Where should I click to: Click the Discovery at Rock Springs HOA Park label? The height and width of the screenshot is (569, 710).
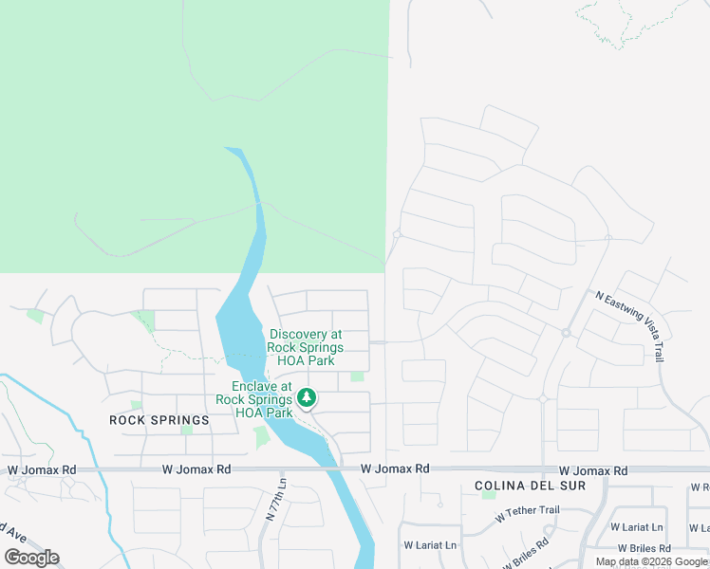click(305, 348)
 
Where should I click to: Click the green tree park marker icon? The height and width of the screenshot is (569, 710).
click(307, 398)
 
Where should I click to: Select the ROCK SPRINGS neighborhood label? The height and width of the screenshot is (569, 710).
click(159, 420)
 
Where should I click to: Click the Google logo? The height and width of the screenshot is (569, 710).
click(31, 558)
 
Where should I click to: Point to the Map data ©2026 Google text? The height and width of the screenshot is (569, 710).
click(651, 561)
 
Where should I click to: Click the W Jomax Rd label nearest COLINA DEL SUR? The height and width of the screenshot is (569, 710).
click(592, 470)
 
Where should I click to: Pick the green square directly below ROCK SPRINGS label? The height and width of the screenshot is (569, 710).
click(186, 430)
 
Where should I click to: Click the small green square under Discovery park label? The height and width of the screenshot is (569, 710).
click(357, 376)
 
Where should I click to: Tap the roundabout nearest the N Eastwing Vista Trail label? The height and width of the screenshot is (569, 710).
click(565, 333)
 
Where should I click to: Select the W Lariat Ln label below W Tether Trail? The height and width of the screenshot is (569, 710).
click(429, 545)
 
